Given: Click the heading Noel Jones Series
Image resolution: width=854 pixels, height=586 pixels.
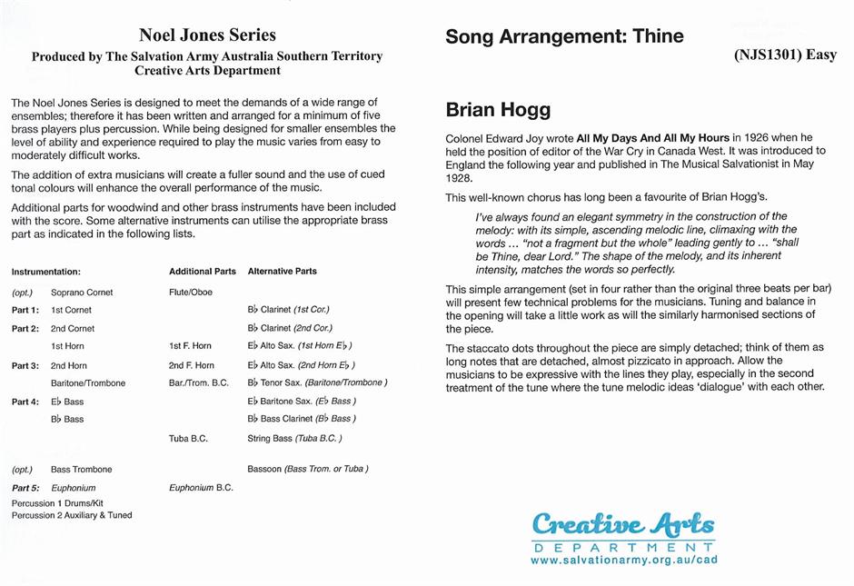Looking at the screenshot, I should point(207,35).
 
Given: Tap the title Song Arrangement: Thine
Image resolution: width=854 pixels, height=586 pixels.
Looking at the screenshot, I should point(564,37).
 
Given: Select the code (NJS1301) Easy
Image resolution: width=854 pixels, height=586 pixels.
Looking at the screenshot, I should point(785,55).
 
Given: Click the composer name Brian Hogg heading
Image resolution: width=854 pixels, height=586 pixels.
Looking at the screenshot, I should point(498,110).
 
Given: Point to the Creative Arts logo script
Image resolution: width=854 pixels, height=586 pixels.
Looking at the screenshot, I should point(623,524).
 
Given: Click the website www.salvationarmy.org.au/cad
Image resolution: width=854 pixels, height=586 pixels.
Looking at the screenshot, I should point(623,561).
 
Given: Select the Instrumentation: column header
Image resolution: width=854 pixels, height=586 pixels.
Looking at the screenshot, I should point(46,272).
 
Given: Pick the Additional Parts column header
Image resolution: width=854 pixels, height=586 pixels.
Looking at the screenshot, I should point(203,272).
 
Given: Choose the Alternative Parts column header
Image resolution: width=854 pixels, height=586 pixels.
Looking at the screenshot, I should point(282,272).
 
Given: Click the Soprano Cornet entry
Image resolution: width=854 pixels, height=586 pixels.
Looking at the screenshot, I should point(82,293).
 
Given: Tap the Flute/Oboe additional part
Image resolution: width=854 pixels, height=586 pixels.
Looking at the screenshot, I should point(190,293).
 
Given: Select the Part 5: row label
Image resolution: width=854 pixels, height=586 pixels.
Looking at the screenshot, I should point(25,488).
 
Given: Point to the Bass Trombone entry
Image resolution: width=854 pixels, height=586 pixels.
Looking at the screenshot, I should point(82,470).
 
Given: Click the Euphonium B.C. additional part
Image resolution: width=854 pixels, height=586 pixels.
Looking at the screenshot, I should point(201,488).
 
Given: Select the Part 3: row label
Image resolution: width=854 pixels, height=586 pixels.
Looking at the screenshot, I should point(25,365).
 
